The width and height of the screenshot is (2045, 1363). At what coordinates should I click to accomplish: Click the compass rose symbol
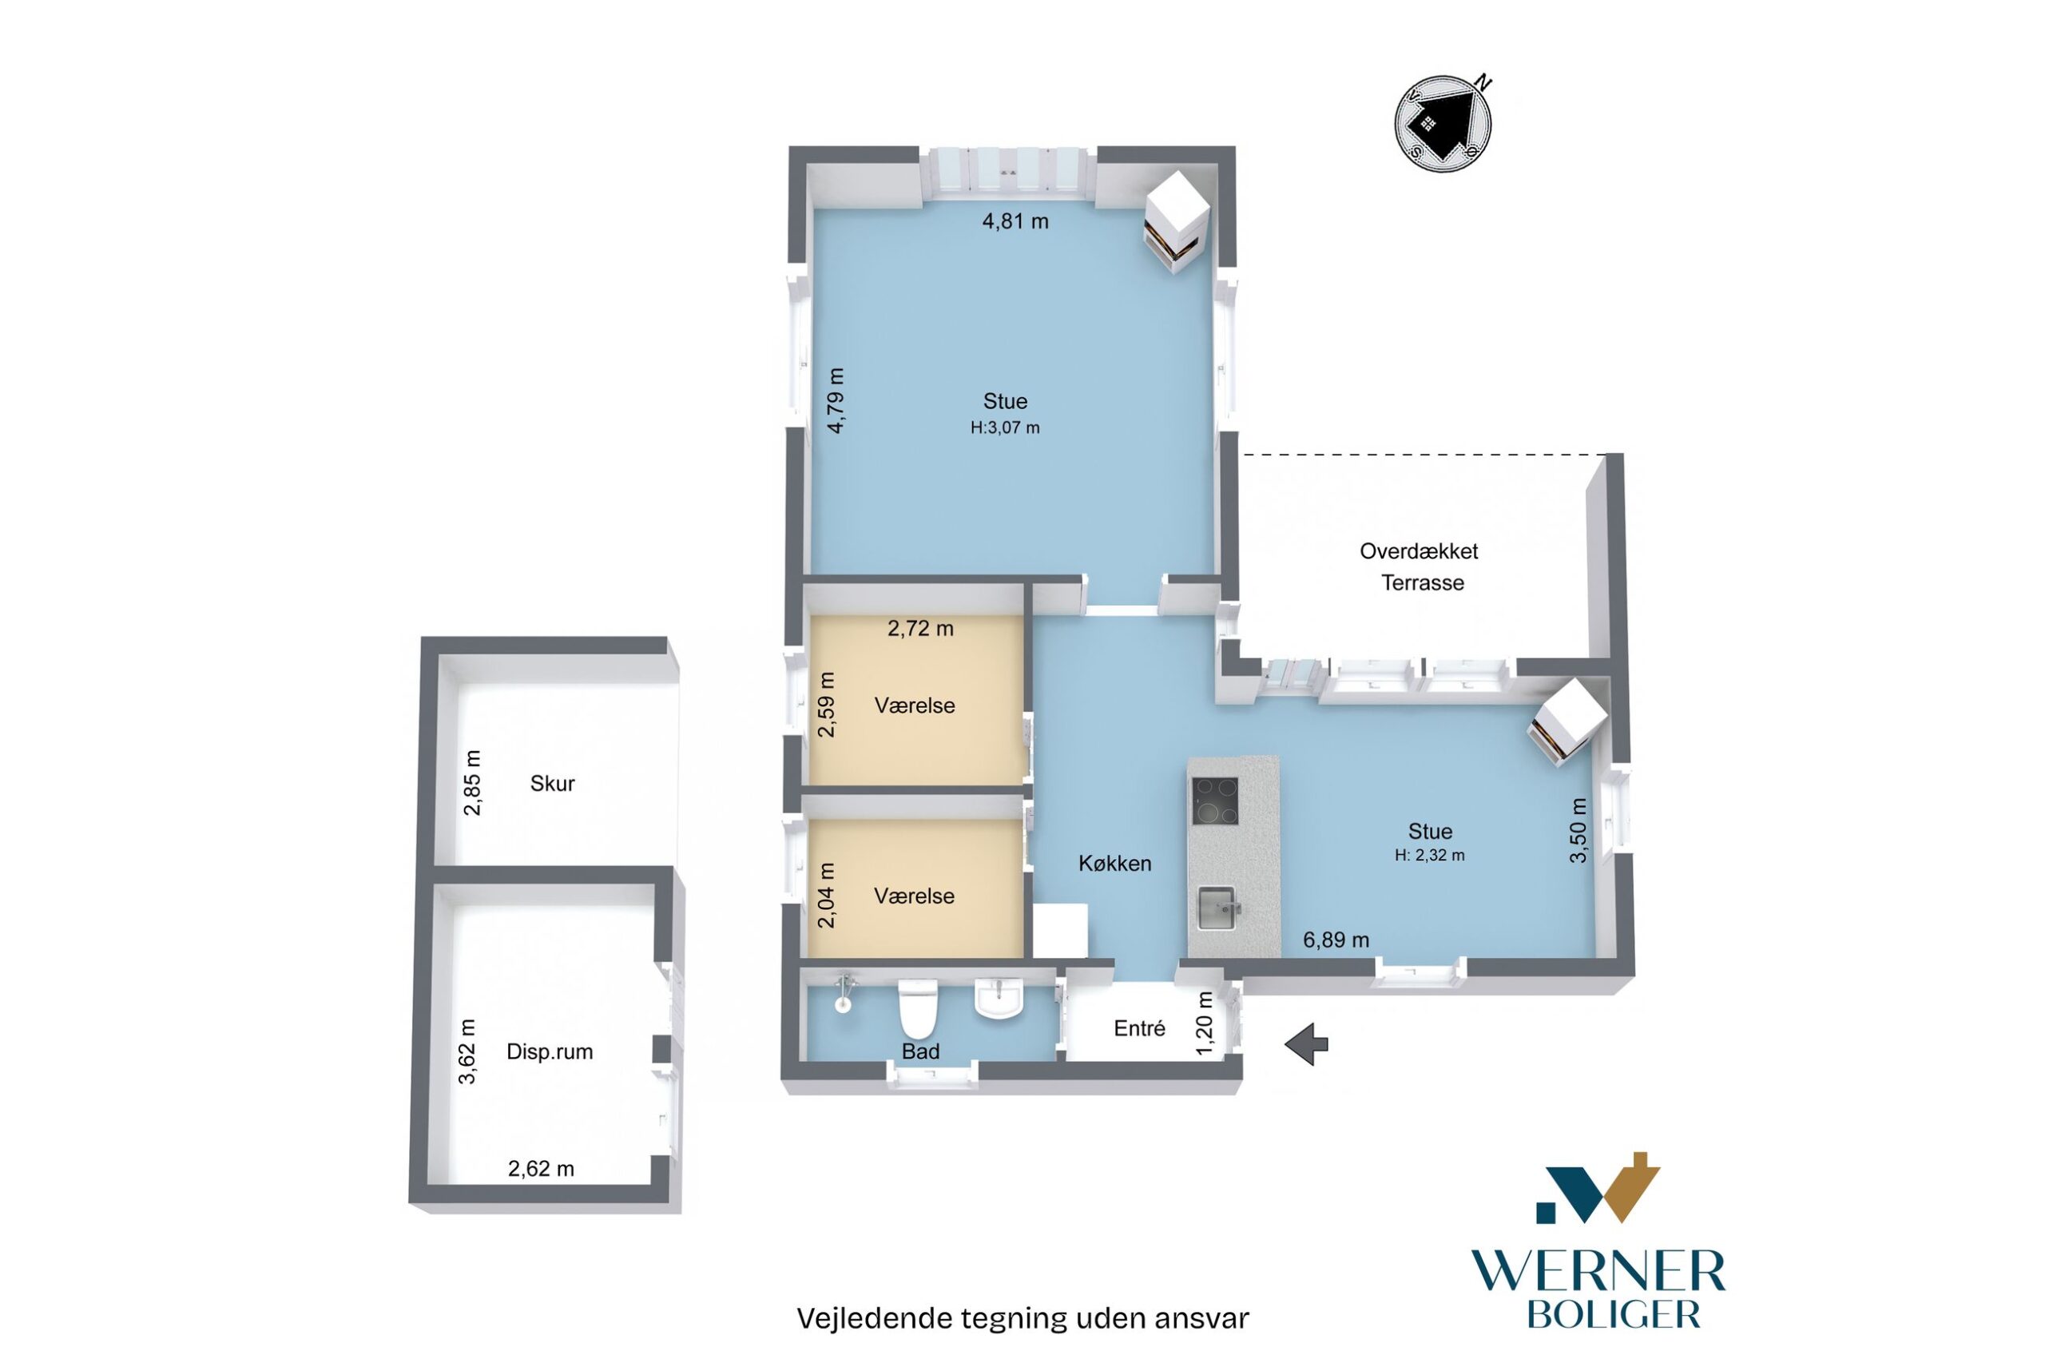[x=1443, y=122]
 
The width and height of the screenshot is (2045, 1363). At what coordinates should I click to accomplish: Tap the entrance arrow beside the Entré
[x=1306, y=1043]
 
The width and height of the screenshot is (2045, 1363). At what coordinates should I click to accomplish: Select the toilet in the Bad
[x=917, y=1007]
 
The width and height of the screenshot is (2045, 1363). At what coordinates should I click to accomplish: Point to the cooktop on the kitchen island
[x=1215, y=801]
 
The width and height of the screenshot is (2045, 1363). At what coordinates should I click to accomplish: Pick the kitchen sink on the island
[x=1217, y=908]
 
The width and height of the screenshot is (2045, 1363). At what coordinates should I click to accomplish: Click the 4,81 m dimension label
[x=1015, y=221]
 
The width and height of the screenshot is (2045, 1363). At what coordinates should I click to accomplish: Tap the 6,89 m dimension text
[x=1336, y=940]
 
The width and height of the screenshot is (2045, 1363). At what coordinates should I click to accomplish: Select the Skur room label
[x=552, y=783]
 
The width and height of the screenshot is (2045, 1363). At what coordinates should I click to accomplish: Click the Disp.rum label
[x=550, y=1051]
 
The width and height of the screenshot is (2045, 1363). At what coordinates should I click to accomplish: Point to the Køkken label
[x=1115, y=863]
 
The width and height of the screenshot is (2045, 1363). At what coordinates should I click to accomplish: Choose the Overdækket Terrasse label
[x=1420, y=566]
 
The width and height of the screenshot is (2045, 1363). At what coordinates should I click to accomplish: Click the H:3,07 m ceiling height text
[x=1005, y=427]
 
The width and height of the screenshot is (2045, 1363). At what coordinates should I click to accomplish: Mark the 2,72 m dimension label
[x=920, y=629]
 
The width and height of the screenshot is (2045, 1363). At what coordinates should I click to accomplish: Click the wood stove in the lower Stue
[x=1567, y=721]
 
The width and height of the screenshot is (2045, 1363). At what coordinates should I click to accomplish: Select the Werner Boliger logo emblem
[x=1598, y=1188]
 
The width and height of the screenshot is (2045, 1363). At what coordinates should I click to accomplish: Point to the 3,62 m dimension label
[x=467, y=1051]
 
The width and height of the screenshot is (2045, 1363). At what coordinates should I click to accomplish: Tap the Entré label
[x=1139, y=1028]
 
